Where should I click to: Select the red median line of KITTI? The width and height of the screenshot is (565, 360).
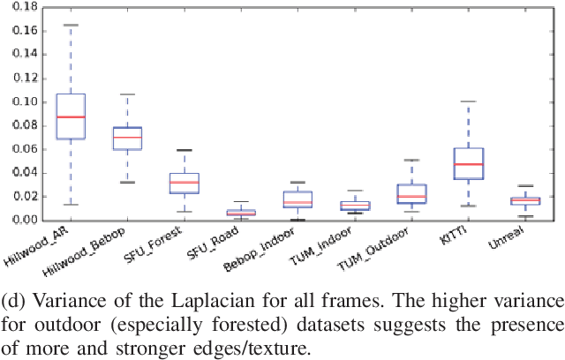[469, 164]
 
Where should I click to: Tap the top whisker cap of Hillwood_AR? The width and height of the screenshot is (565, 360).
[71, 25]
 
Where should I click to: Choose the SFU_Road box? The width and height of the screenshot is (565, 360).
[241, 212]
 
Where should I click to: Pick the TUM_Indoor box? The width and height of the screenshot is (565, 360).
[355, 206]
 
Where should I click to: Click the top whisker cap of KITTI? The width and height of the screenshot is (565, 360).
[469, 101]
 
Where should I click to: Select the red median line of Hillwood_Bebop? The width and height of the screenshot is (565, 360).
[128, 137]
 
